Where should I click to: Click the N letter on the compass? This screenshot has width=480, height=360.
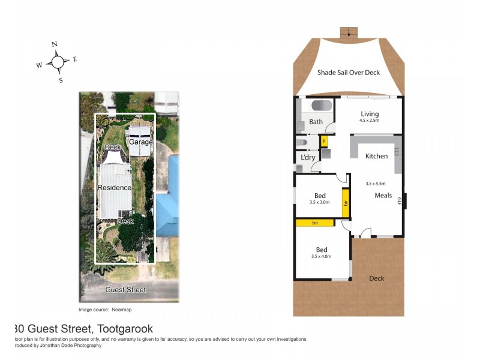55,44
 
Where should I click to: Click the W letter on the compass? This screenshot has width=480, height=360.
39,65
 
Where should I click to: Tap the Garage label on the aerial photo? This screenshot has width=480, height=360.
141,142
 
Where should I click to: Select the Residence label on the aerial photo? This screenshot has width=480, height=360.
115,188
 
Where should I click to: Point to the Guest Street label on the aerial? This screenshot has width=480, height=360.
125,290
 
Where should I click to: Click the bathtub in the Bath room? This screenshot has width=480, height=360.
321,106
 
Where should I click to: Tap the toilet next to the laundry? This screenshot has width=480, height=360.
302,142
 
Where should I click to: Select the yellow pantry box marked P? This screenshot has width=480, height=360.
324,142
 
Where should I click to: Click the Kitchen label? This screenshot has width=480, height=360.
376,156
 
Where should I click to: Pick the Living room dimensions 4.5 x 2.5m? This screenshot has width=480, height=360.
370,121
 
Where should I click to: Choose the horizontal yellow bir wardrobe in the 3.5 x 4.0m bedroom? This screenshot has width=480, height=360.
314,223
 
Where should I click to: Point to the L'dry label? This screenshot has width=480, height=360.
308,158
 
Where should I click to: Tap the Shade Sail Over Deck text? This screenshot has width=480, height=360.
349,73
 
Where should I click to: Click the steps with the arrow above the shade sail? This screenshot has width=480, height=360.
349,32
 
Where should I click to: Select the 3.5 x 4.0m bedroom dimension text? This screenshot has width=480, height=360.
321,256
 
